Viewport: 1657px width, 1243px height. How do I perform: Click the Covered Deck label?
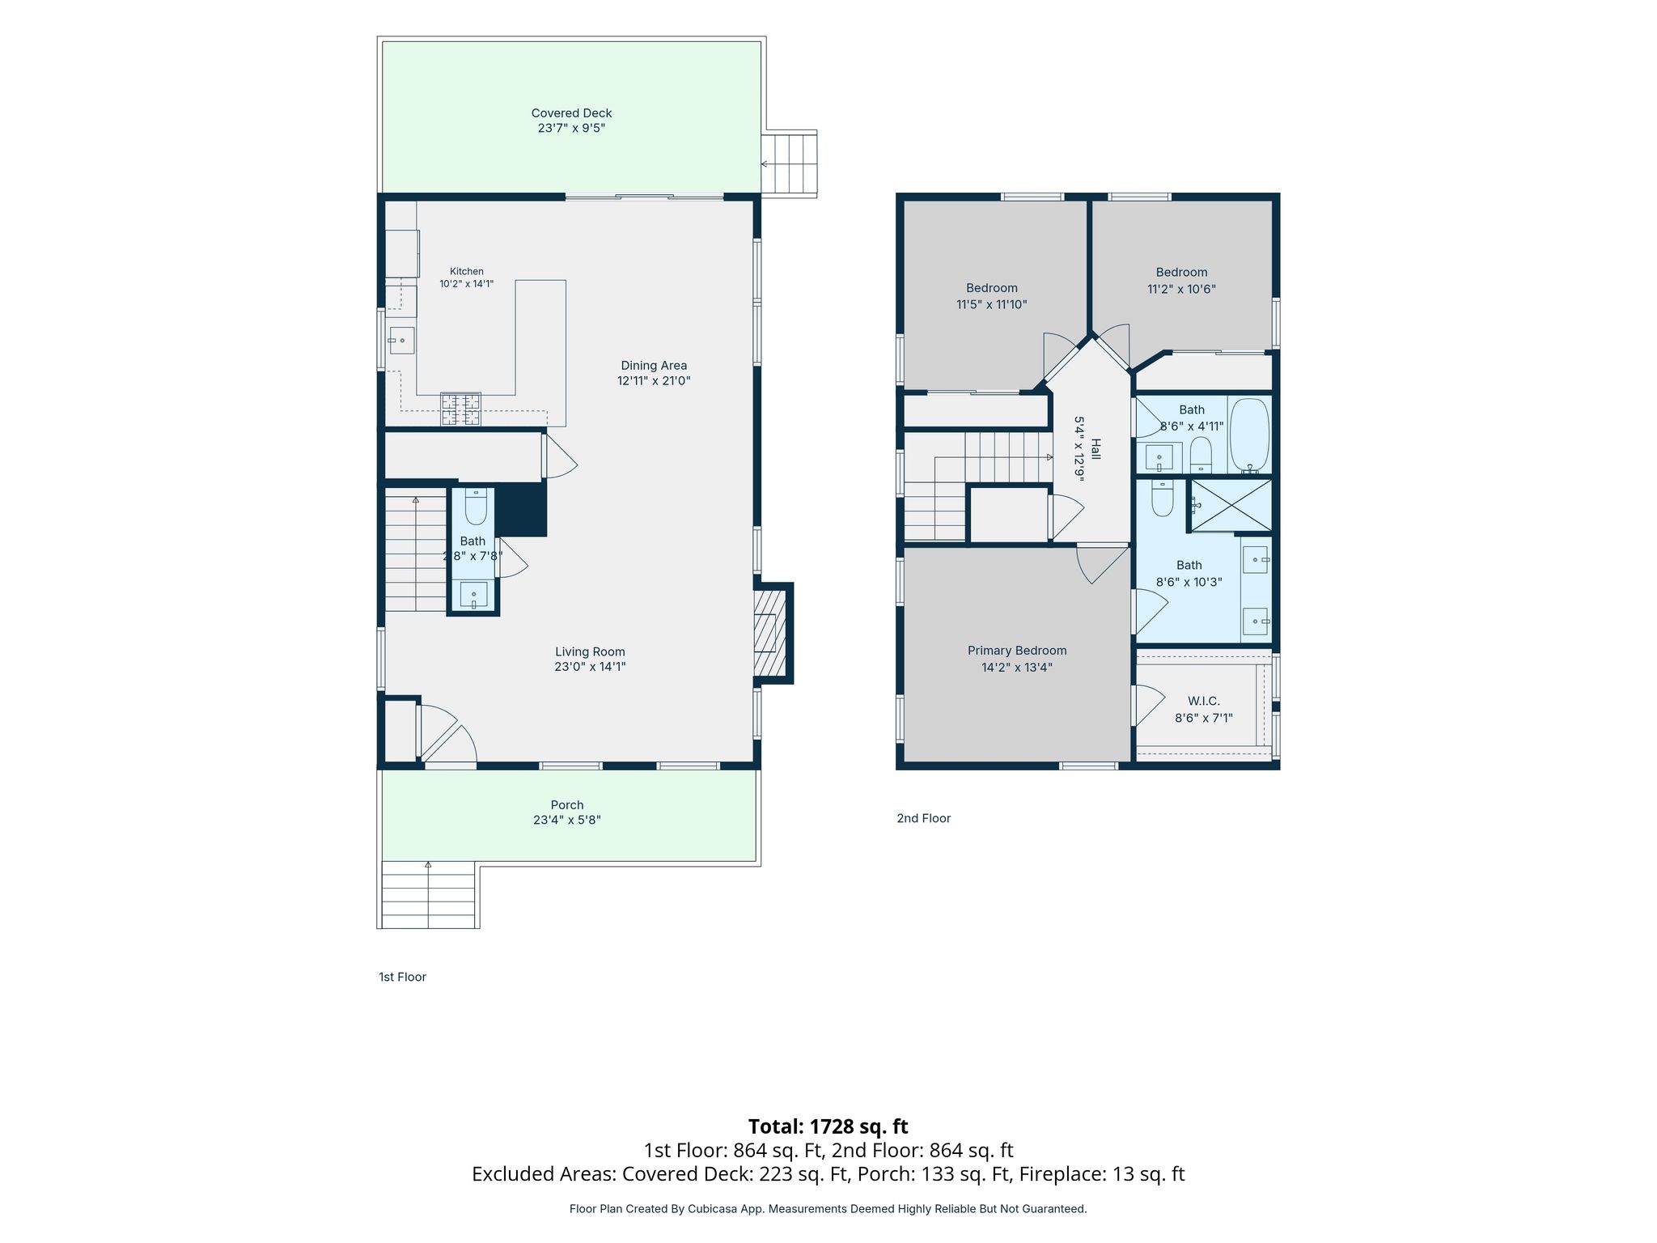(571, 113)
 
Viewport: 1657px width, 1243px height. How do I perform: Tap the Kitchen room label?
(467, 272)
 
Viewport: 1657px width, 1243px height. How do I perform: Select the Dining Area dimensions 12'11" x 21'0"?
(654, 381)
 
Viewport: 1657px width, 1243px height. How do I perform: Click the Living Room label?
(590, 651)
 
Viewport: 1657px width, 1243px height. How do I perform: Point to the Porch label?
(567, 805)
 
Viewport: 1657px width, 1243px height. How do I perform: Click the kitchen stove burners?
(460, 409)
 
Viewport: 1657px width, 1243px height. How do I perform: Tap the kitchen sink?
(401, 341)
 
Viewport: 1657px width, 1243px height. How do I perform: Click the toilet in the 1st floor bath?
(476, 506)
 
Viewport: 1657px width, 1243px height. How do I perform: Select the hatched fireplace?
(770, 633)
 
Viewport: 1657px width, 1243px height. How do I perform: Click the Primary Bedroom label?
(1017, 651)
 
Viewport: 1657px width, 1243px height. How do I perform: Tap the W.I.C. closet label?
(1204, 702)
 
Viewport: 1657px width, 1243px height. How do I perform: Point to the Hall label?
(1096, 449)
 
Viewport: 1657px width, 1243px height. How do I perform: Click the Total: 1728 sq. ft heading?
(828, 1126)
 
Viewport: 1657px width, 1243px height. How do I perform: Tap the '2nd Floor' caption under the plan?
(923, 818)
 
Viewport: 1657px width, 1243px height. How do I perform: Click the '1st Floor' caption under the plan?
(402, 977)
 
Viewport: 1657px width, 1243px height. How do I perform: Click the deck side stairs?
(789, 163)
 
